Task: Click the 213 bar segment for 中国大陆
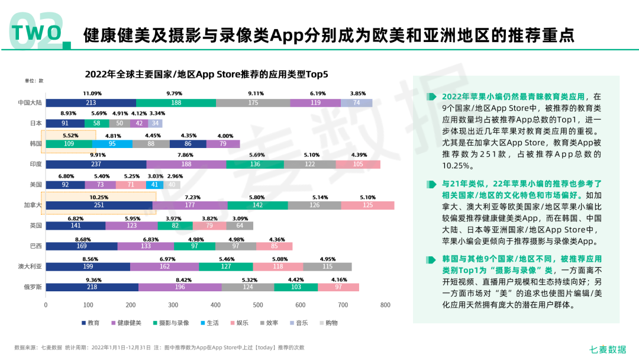91,103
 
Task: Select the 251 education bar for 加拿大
99,205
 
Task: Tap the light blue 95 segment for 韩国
112,144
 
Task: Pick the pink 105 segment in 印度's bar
358,164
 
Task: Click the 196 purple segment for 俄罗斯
180,287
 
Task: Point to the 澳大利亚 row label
30,266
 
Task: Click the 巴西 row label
36,246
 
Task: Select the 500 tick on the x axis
258,305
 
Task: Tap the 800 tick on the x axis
385,305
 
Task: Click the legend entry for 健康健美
127,323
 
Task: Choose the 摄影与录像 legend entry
171,323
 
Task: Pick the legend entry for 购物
329,323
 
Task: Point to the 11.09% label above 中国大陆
92,94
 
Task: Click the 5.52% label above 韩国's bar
70,136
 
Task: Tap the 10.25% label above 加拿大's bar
99,197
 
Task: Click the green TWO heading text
37,33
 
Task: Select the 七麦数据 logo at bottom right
608,349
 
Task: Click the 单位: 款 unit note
34,81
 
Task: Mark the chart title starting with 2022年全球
206,74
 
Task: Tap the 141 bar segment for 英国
76,226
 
